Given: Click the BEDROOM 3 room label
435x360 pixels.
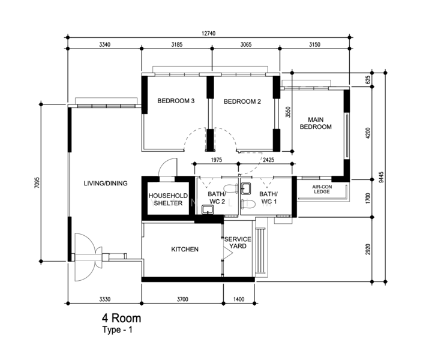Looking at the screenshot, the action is (x=176, y=101).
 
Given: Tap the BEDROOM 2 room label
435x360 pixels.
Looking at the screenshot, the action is (x=242, y=101).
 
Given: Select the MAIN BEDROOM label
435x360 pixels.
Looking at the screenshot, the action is (x=316, y=123).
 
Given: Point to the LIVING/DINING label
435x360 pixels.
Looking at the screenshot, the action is (x=106, y=184).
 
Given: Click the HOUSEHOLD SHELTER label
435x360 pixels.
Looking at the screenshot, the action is (x=168, y=199).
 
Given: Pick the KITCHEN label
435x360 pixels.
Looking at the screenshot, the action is (x=185, y=250).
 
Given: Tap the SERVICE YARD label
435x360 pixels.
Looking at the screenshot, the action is (x=238, y=242).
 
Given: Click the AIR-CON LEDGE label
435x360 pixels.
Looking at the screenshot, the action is (x=322, y=189).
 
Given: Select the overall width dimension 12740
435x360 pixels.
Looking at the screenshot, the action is (x=208, y=34).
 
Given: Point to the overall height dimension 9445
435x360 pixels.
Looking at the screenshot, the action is (x=382, y=177).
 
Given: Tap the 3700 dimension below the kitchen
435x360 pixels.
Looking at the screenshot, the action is (x=182, y=299).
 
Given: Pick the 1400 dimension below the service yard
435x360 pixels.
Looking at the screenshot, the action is (x=239, y=299).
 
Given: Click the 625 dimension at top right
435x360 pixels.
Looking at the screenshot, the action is (x=368, y=80).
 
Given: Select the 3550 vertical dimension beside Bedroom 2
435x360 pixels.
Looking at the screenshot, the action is (x=288, y=112).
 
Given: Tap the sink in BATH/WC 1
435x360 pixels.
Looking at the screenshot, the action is (x=246, y=188).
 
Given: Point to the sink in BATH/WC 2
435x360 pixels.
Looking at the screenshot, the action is (x=207, y=209).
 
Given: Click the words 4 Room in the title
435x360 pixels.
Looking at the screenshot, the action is (x=122, y=318).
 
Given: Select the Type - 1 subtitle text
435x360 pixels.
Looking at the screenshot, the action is (x=118, y=330).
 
